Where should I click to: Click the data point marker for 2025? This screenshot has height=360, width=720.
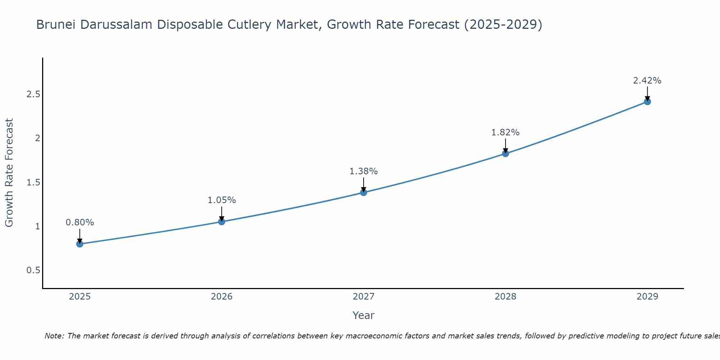pos(80,244)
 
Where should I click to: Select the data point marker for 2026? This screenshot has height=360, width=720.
pos(222,222)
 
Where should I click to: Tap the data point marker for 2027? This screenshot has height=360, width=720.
pos(364,193)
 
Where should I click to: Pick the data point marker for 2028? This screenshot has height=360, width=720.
pos(505,154)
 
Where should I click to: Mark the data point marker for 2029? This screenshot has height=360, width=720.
pos(647,102)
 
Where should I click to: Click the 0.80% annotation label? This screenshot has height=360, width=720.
pos(80,222)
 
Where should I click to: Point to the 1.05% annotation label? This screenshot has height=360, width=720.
pos(222,200)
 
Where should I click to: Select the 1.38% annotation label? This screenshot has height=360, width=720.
pos(364,171)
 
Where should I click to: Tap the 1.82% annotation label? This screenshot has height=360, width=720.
pos(505,132)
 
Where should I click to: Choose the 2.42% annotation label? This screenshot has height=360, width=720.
pos(647,81)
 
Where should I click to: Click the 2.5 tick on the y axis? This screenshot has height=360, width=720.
pos(33,94)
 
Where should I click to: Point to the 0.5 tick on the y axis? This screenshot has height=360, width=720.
pos(33,270)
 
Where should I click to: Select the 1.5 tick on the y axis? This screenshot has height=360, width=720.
pos(33,183)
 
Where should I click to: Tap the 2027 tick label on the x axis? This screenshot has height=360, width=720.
pos(364,297)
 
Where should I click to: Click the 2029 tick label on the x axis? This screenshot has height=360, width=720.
pos(647,297)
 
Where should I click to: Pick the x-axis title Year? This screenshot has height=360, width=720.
pos(364,315)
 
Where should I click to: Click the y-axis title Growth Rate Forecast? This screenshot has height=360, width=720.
pos(9,173)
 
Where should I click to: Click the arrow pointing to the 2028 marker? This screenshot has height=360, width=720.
pos(505,145)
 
